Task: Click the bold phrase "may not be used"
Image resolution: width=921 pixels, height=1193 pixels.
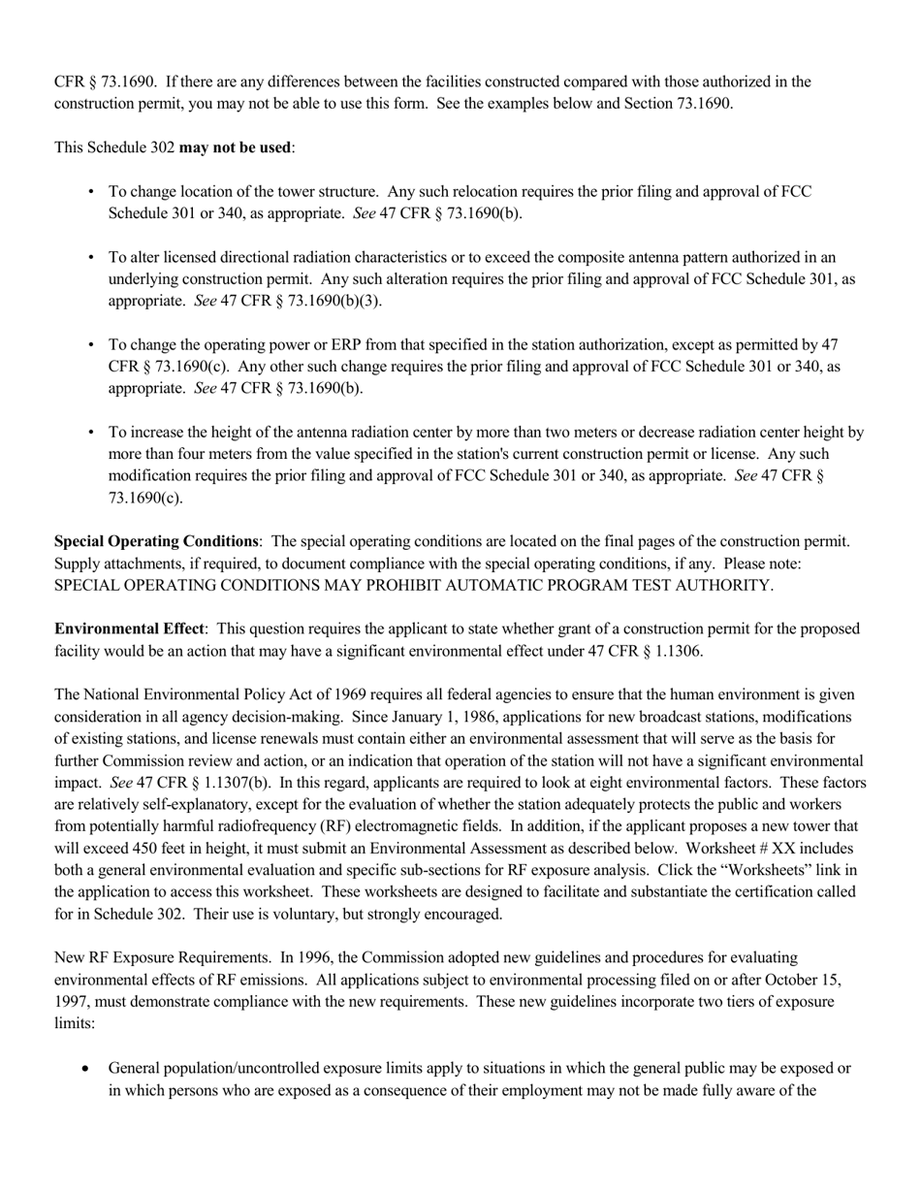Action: (x=235, y=147)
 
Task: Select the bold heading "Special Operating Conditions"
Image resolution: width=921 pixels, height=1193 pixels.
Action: (x=156, y=541)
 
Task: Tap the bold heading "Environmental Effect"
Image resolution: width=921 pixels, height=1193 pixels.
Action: (x=129, y=629)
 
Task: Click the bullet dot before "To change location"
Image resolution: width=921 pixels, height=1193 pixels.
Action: (x=91, y=192)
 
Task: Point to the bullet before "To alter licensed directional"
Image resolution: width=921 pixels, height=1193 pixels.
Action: (x=91, y=258)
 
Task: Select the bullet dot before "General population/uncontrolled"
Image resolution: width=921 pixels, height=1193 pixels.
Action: (x=88, y=1068)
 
